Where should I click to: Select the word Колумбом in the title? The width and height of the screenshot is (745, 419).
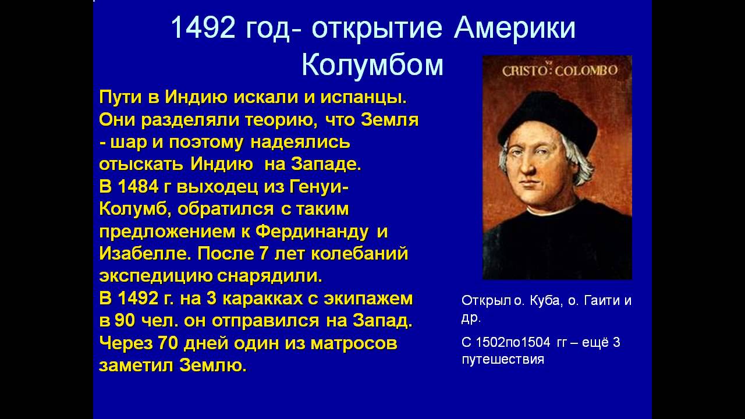click(x=372, y=65)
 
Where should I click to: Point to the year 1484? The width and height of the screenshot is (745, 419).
click(x=137, y=187)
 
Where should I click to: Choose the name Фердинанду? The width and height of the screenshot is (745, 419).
click(x=313, y=232)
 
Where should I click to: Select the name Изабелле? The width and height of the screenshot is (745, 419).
click(x=146, y=254)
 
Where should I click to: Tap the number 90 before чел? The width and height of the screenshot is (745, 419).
click(x=125, y=321)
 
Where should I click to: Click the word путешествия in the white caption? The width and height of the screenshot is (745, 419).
click(x=502, y=359)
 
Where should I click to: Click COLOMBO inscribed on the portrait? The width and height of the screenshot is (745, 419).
click(x=586, y=71)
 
